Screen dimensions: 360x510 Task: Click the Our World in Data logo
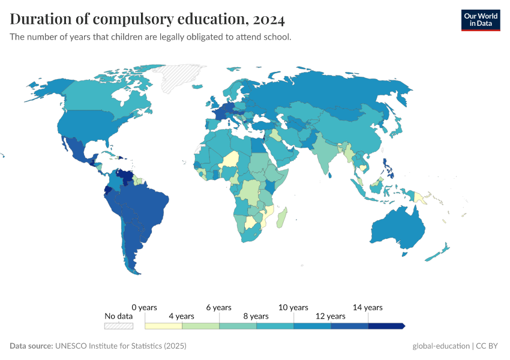pyautogui.click(x=480, y=20)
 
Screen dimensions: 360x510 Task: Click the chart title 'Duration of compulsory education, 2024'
pyautogui.click(x=147, y=19)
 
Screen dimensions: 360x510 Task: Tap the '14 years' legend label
pyautogui.click(x=367, y=307)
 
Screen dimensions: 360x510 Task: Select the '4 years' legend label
pyautogui.click(x=181, y=316)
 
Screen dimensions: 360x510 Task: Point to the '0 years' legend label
pyautogui.click(x=144, y=307)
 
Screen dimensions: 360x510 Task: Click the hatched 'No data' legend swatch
pyautogui.click(x=118, y=326)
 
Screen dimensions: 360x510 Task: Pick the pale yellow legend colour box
pyautogui.click(x=164, y=326)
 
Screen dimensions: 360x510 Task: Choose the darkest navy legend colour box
pyautogui.click(x=386, y=326)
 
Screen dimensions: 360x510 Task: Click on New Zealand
pyautogui.click(x=437, y=252)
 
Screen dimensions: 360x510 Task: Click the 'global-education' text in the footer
pyautogui.click(x=441, y=346)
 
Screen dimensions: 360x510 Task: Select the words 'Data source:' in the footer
pyautogui.click(x=31, y=346)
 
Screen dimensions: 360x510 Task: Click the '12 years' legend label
pyautogui.click(x=330, y=316)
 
